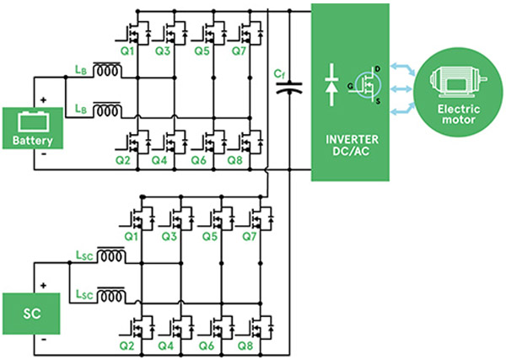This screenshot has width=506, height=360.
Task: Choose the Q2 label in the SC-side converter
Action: tap(125, 346)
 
